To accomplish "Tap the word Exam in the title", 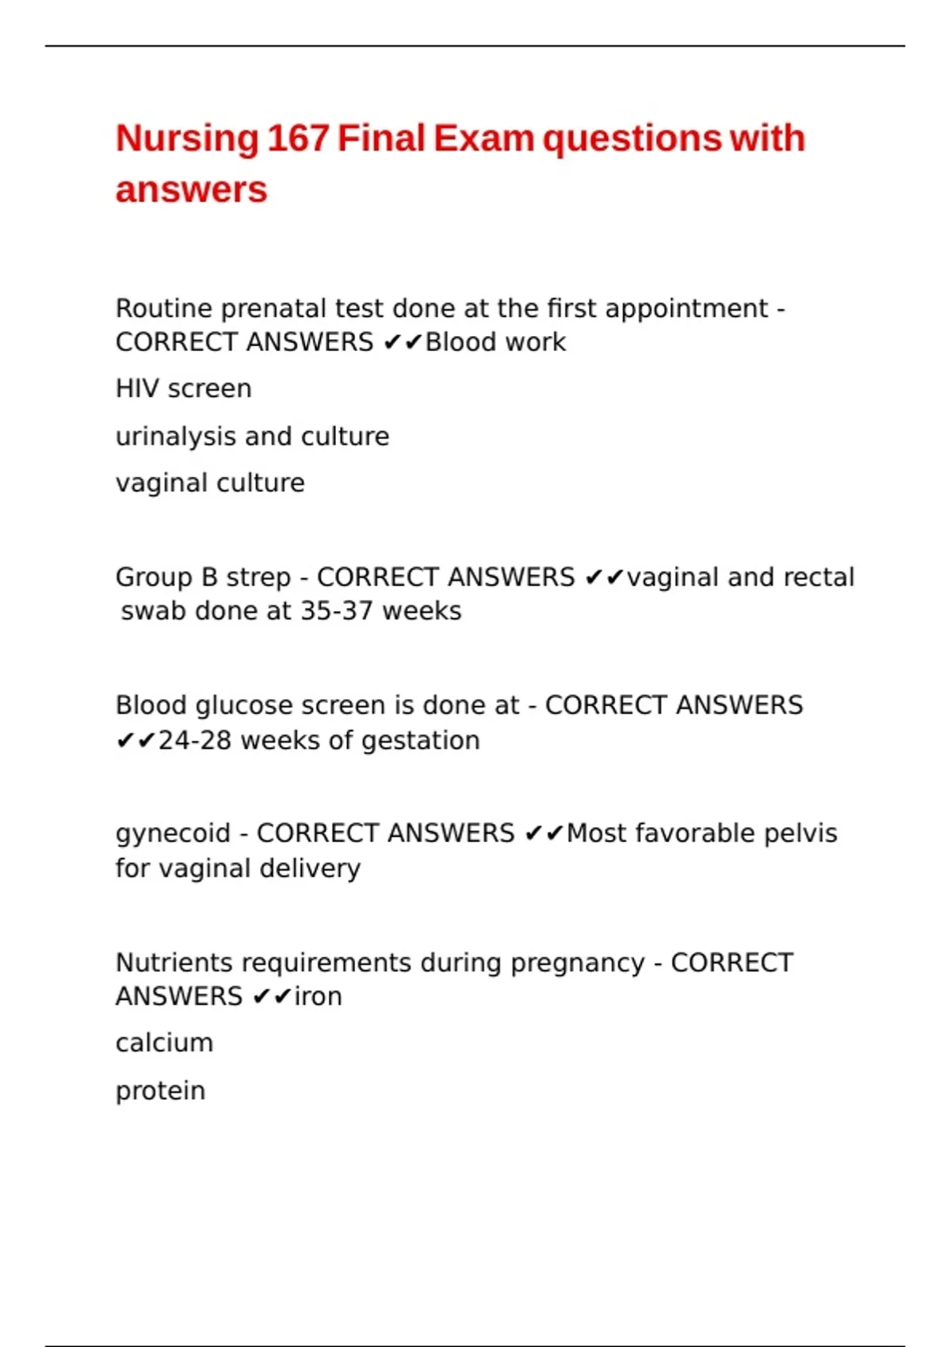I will (x=483, y=139).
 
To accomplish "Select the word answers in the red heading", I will (x=192, y=190).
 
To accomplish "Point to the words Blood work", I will (x=495, y=342).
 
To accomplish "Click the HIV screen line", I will (x=183, y=389).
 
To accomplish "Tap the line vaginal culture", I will (x=210, y=483).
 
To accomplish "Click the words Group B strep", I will (x=203, y=578).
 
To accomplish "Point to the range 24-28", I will (x=195, y=741).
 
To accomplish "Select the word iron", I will (x=318, y=997).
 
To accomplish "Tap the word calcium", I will (x=164, y=1044).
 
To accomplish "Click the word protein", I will (x=160, y=1091).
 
